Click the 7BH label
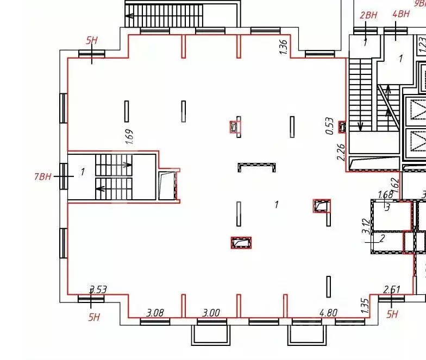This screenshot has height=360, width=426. pyautogui.click(x=43, y=176)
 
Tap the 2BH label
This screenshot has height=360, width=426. pyautogui.click(x=368, y=15)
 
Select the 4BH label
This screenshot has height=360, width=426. pyautogui.click(x=400, y=14)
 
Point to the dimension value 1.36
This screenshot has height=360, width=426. pyautogui.click(x=283, y=46)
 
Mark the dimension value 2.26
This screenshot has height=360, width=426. pyautogui.click(x=341, y=167)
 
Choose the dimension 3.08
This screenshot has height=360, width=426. pyautogui.click(x=156, y=312)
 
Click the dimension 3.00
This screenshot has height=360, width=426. pyautogui.click(x=211, y=312)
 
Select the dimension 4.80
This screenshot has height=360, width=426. pyautogui.click(x=328, y=312)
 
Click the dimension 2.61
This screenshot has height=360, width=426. pyautogui.click(x=392, y=290)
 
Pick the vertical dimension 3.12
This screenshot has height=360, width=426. pyautogui.click(x=366, y=225)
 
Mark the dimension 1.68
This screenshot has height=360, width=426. pyautogui.click(x=385, y=195)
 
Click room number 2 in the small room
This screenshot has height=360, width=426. pyautogui.click(x=382, y=238)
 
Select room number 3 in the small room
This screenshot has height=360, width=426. pyautogui.click(x=388, y=206)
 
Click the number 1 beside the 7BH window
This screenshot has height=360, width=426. pyautogui.click(x=83, y=172)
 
